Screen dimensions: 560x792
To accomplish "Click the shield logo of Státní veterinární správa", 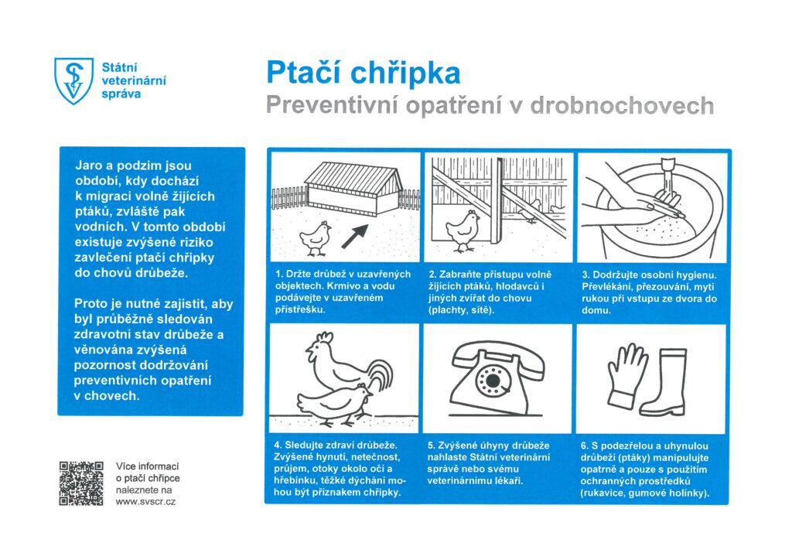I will (x=73, y=80).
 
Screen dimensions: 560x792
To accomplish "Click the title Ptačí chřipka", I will (x=363, y=73).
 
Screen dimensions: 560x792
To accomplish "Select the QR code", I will (x=81, y=483).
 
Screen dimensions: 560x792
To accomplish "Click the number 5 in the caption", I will (x=431, y=446).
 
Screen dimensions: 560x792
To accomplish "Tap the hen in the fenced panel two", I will (x=463, y=230).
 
